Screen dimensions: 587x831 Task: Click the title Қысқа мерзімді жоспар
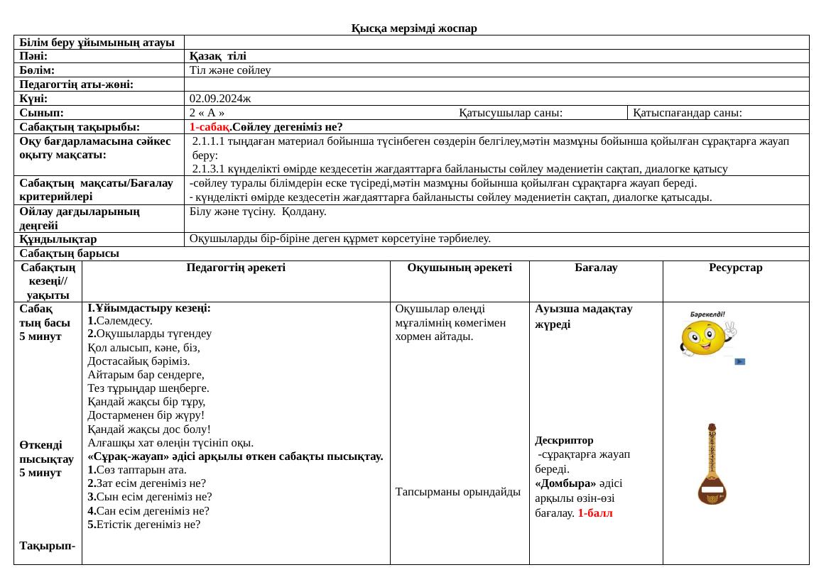(414, 28)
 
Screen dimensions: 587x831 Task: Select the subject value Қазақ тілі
(218, 56)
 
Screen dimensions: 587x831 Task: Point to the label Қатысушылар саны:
(511, 113)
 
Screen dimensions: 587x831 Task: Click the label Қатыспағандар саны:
(688, 113)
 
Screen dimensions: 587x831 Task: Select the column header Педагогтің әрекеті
(236, 268)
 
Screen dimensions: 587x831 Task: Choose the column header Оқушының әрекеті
(460, 268)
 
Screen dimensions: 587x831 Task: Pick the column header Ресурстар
(735, 268)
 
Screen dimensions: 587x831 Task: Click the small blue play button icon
(739, 361)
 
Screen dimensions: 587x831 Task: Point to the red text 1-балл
(595, 512)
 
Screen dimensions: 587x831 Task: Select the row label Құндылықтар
(59, 239)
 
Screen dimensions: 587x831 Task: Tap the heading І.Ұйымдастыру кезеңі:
(148, 309)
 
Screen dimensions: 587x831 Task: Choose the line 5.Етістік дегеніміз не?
(144, 525)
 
